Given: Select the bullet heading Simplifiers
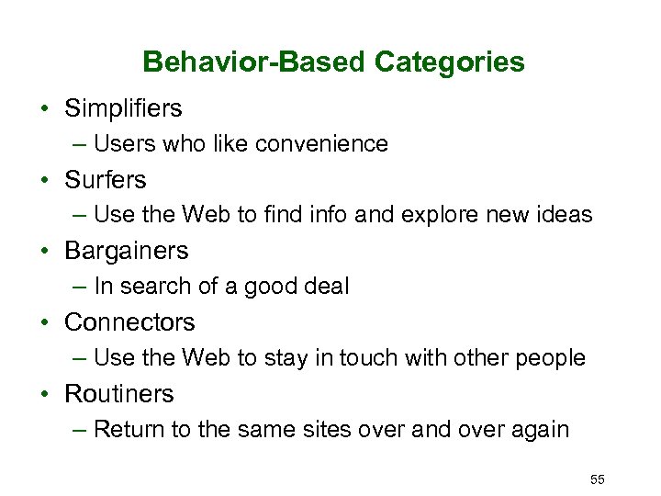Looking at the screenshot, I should [123, 108].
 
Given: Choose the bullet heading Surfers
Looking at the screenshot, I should [105, 179].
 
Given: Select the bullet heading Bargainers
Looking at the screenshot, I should [126, 251].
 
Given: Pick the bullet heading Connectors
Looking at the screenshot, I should [129, 322].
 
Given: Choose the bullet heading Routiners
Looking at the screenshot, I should [118, 394].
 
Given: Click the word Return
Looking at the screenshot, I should [128, 430].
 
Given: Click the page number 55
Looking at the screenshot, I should [598, 479].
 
